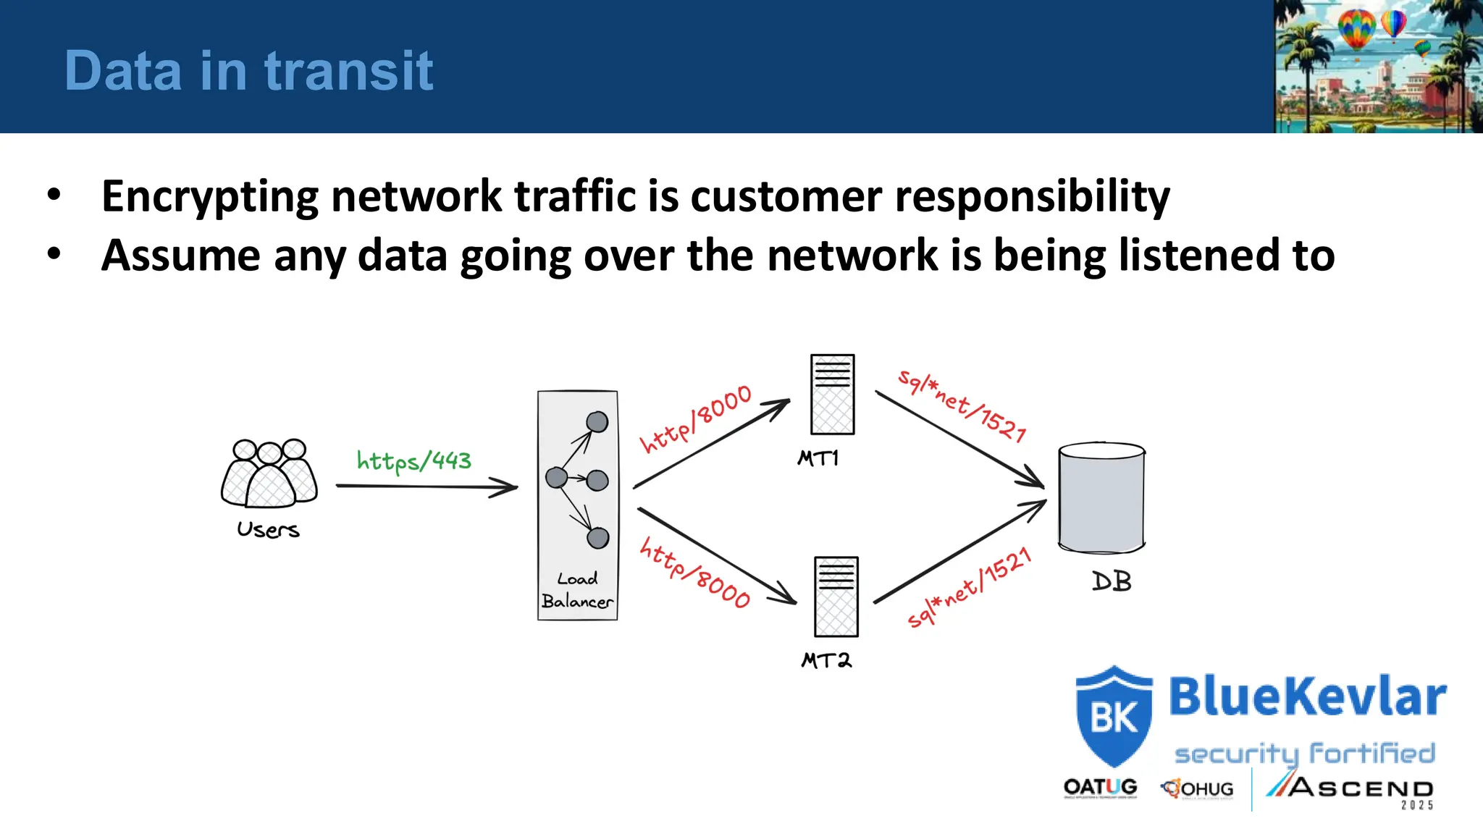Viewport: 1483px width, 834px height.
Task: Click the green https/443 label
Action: (x=413, y=461)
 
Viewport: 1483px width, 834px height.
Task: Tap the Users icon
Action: (x=269, y=473)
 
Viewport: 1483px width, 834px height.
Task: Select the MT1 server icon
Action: (x=832, y=395)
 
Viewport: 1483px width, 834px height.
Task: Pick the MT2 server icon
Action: (x=836, y=597)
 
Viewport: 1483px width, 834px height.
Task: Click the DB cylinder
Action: (x=1101, y=497)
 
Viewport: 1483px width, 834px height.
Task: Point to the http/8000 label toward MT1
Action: (x=696, y=419)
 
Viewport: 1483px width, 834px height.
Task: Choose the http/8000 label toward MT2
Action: (x=694, y=572)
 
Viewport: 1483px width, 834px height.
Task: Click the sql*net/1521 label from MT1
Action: (x=962, y=405)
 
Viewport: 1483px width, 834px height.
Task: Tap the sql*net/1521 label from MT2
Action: (x=969, y=587)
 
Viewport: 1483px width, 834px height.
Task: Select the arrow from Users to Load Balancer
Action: (x=427, y=486)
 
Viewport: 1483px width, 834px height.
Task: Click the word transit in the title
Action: (x=348, y=71)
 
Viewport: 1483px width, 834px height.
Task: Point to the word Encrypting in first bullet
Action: (x=210, y=196)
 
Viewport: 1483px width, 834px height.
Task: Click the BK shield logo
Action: (x=1114, y=716)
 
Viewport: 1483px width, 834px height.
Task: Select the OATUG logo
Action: (x=1100, y=788)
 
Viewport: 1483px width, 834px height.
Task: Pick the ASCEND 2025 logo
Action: (x=1350, y=789)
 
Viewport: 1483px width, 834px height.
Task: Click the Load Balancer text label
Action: (x=577, y=590)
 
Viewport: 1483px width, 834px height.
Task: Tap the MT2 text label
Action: (x=826, y=660)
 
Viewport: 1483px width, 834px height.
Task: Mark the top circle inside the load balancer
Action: (x=597, y=421)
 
